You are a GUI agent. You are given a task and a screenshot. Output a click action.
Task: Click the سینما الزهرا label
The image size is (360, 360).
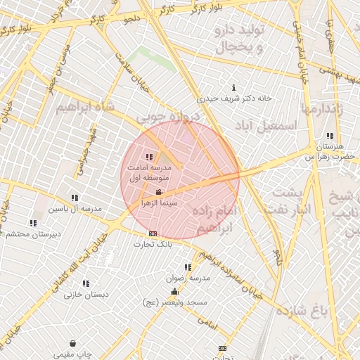159,202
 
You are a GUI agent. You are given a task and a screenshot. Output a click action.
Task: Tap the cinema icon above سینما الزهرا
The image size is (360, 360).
159,192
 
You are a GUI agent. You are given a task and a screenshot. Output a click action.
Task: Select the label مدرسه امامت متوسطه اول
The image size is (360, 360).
148,173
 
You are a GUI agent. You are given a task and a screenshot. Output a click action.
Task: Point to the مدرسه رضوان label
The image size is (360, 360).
188,278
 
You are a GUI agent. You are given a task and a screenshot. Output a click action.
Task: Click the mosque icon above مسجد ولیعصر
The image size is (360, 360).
174,292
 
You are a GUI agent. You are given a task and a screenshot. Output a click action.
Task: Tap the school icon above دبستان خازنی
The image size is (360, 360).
86,284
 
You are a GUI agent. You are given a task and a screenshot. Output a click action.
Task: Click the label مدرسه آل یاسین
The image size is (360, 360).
75,208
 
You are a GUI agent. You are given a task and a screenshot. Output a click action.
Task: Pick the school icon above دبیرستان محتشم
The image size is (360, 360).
33,224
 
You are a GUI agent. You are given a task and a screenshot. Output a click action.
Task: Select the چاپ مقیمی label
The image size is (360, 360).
73,354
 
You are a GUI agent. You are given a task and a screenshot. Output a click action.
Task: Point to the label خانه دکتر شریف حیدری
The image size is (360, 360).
234,98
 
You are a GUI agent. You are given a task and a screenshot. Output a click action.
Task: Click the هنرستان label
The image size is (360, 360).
329,146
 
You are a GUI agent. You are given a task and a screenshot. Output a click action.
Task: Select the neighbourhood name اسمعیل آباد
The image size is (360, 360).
268,124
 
